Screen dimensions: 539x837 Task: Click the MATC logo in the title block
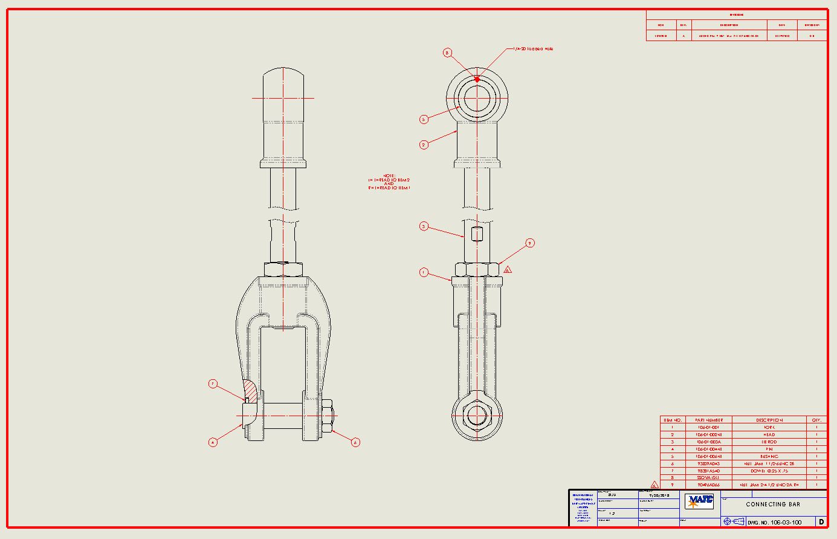point(699,500)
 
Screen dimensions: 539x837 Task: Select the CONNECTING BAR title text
point(773,504)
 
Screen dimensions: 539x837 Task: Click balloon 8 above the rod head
point(447,53)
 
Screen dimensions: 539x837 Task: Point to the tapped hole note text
point(533,48)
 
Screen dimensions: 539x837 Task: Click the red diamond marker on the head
point(477,79)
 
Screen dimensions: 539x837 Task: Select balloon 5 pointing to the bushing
point(424,119)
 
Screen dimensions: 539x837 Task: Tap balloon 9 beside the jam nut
point(530,243)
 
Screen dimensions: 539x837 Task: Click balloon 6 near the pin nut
point(355,442)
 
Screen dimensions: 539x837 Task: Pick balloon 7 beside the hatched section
point(213,384)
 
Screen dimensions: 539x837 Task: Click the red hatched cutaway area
point(253,392)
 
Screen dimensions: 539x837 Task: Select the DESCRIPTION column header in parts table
point(769,420)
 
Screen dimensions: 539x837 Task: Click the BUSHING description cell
point(769,457)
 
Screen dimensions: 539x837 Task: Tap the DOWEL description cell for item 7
point(769,471)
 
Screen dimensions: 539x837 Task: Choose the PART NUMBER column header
point(708,420)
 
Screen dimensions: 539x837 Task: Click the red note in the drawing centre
point(389,182)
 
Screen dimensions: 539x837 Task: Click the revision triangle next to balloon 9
point(508,270)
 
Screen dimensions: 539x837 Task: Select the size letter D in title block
point(821,521)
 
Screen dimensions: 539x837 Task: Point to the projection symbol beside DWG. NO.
point(733,521)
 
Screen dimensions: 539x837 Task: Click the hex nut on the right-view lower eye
point(477,416)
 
